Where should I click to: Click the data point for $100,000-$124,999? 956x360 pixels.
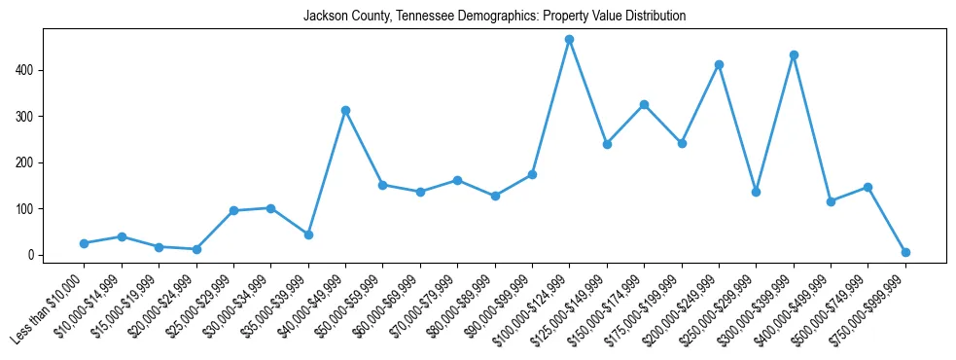[x=569, y=40]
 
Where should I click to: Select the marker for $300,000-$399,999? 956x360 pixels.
[x=794, y=54]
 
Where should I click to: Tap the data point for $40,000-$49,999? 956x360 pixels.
[x=345, y=110]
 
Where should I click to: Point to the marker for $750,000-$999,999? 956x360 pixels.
[x=905, y=252]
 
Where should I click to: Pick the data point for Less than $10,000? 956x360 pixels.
[x=84, y=243]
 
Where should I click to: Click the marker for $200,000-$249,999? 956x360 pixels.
[x=719, y=64]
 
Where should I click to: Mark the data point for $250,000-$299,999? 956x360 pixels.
[x=756, y=192]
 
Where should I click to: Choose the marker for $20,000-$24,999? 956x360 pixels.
[x=196, y=249]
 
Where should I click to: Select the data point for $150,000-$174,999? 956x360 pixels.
[x=644, y=104]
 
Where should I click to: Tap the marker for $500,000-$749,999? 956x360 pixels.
[x=867, y=187]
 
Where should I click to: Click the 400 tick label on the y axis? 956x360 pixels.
[x=28, y=70]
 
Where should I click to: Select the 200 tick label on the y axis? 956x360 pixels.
[x=28, y=162]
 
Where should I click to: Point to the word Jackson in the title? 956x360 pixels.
[x=323, y=17]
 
